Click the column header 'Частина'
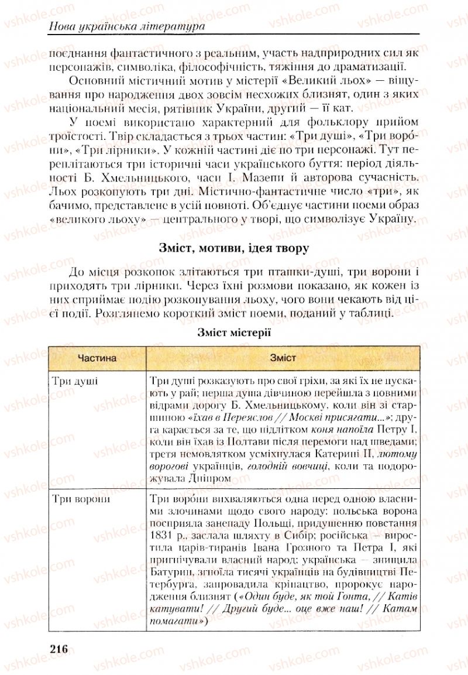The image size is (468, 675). pyautogui.click(x=97, y=357)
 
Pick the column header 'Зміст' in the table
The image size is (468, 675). pyautogui.click(x=283, y=357)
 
